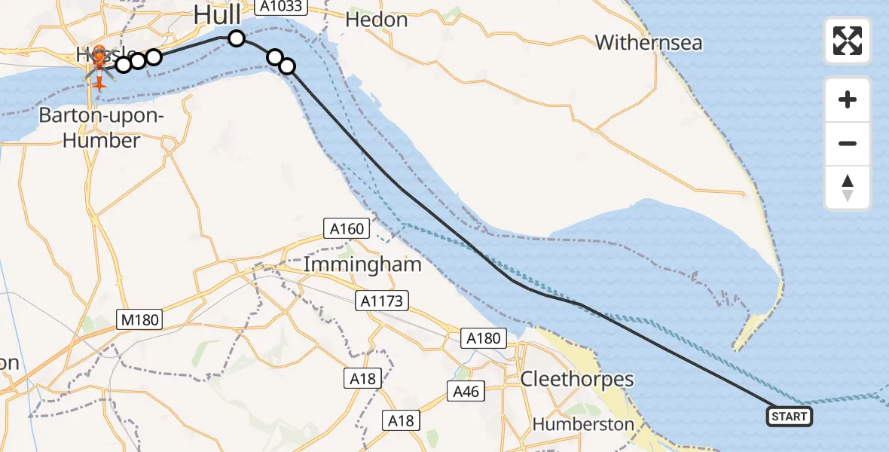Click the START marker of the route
click(790, 417)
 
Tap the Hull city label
click(217, 14)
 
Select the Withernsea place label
click(649, 42)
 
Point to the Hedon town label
click(376, 20)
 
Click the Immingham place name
click(362, 265)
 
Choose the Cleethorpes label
click(577, 379)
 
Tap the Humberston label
click(583, 424)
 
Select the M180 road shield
click(139, 319)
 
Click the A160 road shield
click(347, 229)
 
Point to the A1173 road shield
click(383, 301)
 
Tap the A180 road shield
click(483, 338)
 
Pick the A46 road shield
click(467, 391)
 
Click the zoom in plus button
click(848, 99)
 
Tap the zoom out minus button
click(848, 143)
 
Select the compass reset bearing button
click(848, 188)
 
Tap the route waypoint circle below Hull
click(237, 38)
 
